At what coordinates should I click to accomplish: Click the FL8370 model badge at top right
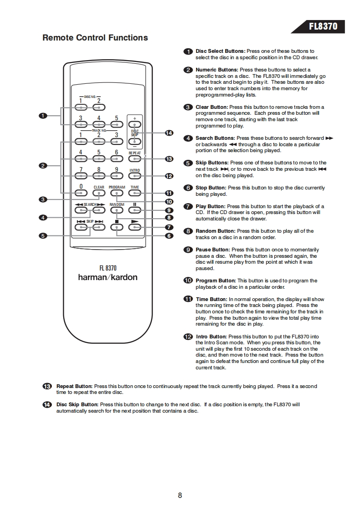(323, 26)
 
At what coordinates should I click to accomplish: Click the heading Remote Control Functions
(95, 38)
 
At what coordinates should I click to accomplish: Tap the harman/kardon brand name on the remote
(108, 277)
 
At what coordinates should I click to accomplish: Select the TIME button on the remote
(135, 193)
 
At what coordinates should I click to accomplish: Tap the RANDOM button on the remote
(117, 210)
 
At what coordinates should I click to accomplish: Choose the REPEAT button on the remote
(135, 158)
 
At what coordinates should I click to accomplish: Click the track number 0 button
(81, 193)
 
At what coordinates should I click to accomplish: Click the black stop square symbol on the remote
(117, 222)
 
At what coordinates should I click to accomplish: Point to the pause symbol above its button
(135, 204)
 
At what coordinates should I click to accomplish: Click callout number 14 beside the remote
(169, 133)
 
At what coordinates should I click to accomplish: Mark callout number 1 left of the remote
(43, 116)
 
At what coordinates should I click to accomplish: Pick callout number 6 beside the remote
(169, 236)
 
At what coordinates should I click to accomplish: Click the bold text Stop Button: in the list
(211, 188)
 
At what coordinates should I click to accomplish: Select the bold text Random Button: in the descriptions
(215, 231)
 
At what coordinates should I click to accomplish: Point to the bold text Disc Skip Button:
(77, 404)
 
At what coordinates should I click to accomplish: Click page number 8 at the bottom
(180, 496)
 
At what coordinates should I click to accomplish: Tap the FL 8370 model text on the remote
(108, 268)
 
